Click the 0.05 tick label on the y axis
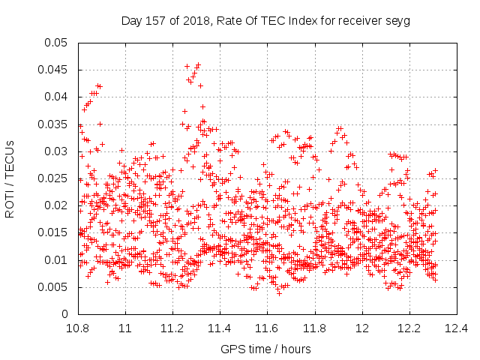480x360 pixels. pos(55,43)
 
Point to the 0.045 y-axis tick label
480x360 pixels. pos(52,70)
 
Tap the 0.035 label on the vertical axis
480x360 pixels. pos(52,124)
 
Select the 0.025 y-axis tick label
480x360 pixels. pos(52,178)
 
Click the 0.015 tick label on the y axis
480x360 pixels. pos(52,232)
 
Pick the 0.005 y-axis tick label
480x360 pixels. pos(52,287)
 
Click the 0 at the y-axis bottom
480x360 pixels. pos(64,314)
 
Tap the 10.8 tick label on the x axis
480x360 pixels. pos(78,328)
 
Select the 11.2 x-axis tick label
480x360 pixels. pos(172,328)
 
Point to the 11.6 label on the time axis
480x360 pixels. pos(267,328)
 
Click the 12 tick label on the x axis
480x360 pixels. pos(362,328)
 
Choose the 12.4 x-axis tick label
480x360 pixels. pos(457,328)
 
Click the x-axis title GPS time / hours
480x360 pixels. pos(265,349)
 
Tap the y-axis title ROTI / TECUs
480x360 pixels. pos(10,179)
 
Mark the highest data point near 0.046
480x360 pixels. pos(198,65)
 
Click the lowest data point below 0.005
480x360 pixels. pos(279,293)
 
